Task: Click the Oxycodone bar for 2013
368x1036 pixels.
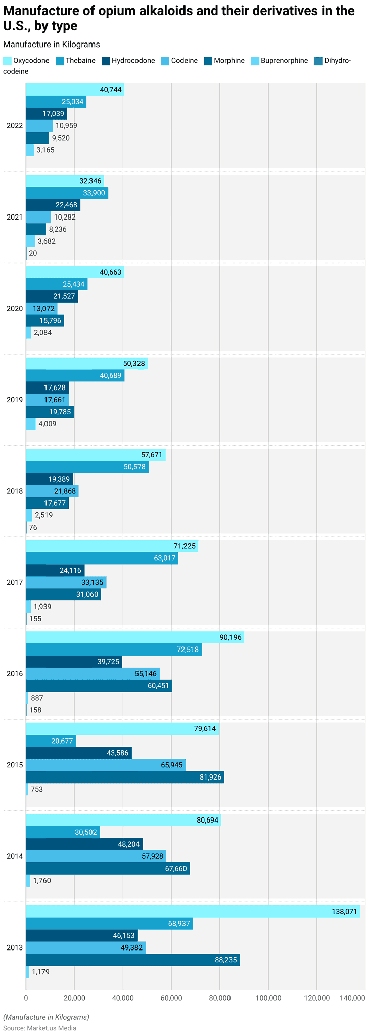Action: [x=193, y=912]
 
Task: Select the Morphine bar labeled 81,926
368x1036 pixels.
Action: [x=125, y=777]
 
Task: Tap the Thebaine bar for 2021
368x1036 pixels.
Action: [x=67, y=193]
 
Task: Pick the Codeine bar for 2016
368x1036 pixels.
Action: [x=93, y=673]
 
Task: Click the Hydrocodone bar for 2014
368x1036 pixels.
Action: [x=84, y=844]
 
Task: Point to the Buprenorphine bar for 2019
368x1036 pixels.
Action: [x=31, y=424]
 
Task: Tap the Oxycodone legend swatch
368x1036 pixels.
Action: [x=7, y=61]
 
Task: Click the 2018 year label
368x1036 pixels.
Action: [x=14, y=491]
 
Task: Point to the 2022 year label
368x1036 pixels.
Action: [x=14, y=125]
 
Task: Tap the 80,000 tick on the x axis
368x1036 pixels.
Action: [x=220, y=997]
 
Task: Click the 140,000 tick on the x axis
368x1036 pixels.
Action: [x=352, y=997]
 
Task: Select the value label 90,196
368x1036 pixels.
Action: [x=231, y=637]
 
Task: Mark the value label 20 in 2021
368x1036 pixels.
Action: [x=33, y=253]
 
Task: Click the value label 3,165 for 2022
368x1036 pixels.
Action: [x=45, y=150]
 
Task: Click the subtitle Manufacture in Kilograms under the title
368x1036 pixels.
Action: [x=51, y=45]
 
